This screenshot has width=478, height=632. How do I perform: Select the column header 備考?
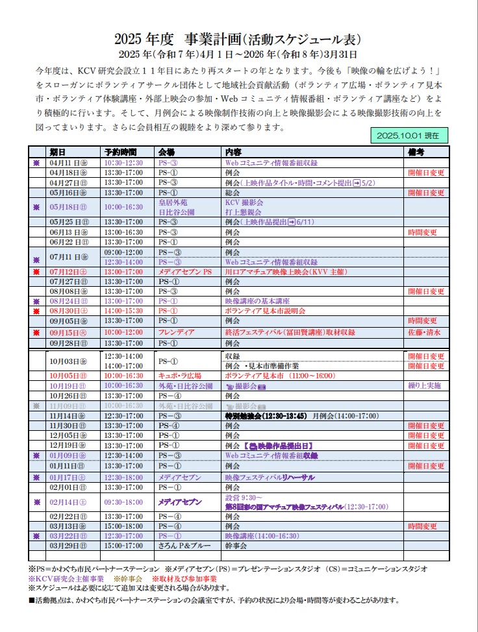coord(416,152)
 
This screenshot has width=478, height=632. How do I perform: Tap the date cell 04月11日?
coord(68,163)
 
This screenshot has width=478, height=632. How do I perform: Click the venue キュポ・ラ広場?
coord(180,376)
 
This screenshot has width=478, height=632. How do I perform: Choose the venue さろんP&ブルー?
coord(182,546)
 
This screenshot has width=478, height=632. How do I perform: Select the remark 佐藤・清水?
coord(424,332)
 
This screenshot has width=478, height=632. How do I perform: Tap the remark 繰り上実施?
coord(425,385)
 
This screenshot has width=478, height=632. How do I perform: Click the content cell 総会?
coord(232,193)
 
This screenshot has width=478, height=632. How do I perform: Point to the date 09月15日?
coord(68,332)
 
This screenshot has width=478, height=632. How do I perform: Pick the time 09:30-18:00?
coord(123,502)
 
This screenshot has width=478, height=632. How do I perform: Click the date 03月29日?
coord(68,546)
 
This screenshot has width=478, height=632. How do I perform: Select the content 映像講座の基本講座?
coord(257,302)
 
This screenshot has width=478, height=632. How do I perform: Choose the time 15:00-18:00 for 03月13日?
coord(123,526)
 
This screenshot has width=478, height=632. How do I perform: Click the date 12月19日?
coord(68,446)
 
